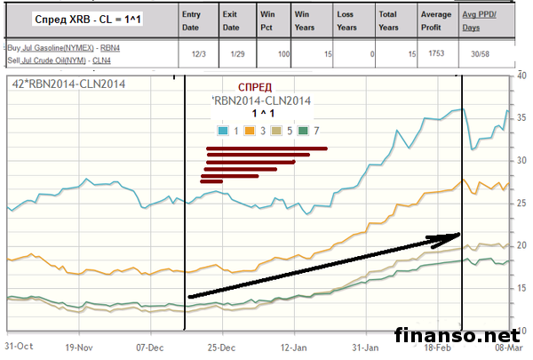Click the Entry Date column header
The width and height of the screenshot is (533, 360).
[x=191, y=20]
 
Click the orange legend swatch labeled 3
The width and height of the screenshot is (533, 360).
[x=252, y=130]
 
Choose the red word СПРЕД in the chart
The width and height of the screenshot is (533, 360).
[x=260, y=89]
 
